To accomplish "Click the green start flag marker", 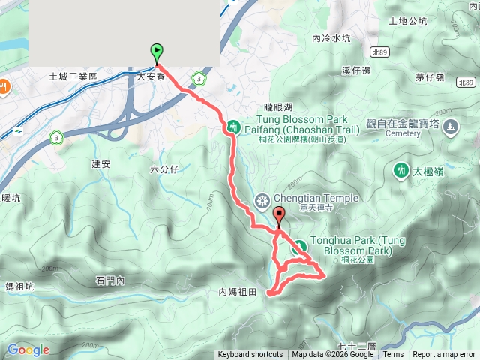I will (157, 52).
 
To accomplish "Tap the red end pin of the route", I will (280, 217).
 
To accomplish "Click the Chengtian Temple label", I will (316, 198).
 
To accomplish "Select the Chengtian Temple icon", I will (262, 199).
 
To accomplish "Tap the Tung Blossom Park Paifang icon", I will (233, 127).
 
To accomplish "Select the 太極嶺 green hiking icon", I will (401, 170).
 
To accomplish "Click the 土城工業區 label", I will (73, 76).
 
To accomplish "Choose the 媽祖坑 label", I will (19, 286).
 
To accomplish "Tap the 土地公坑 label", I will (408, 21).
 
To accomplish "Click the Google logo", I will (28, 349).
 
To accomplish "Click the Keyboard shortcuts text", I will (250, 355).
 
